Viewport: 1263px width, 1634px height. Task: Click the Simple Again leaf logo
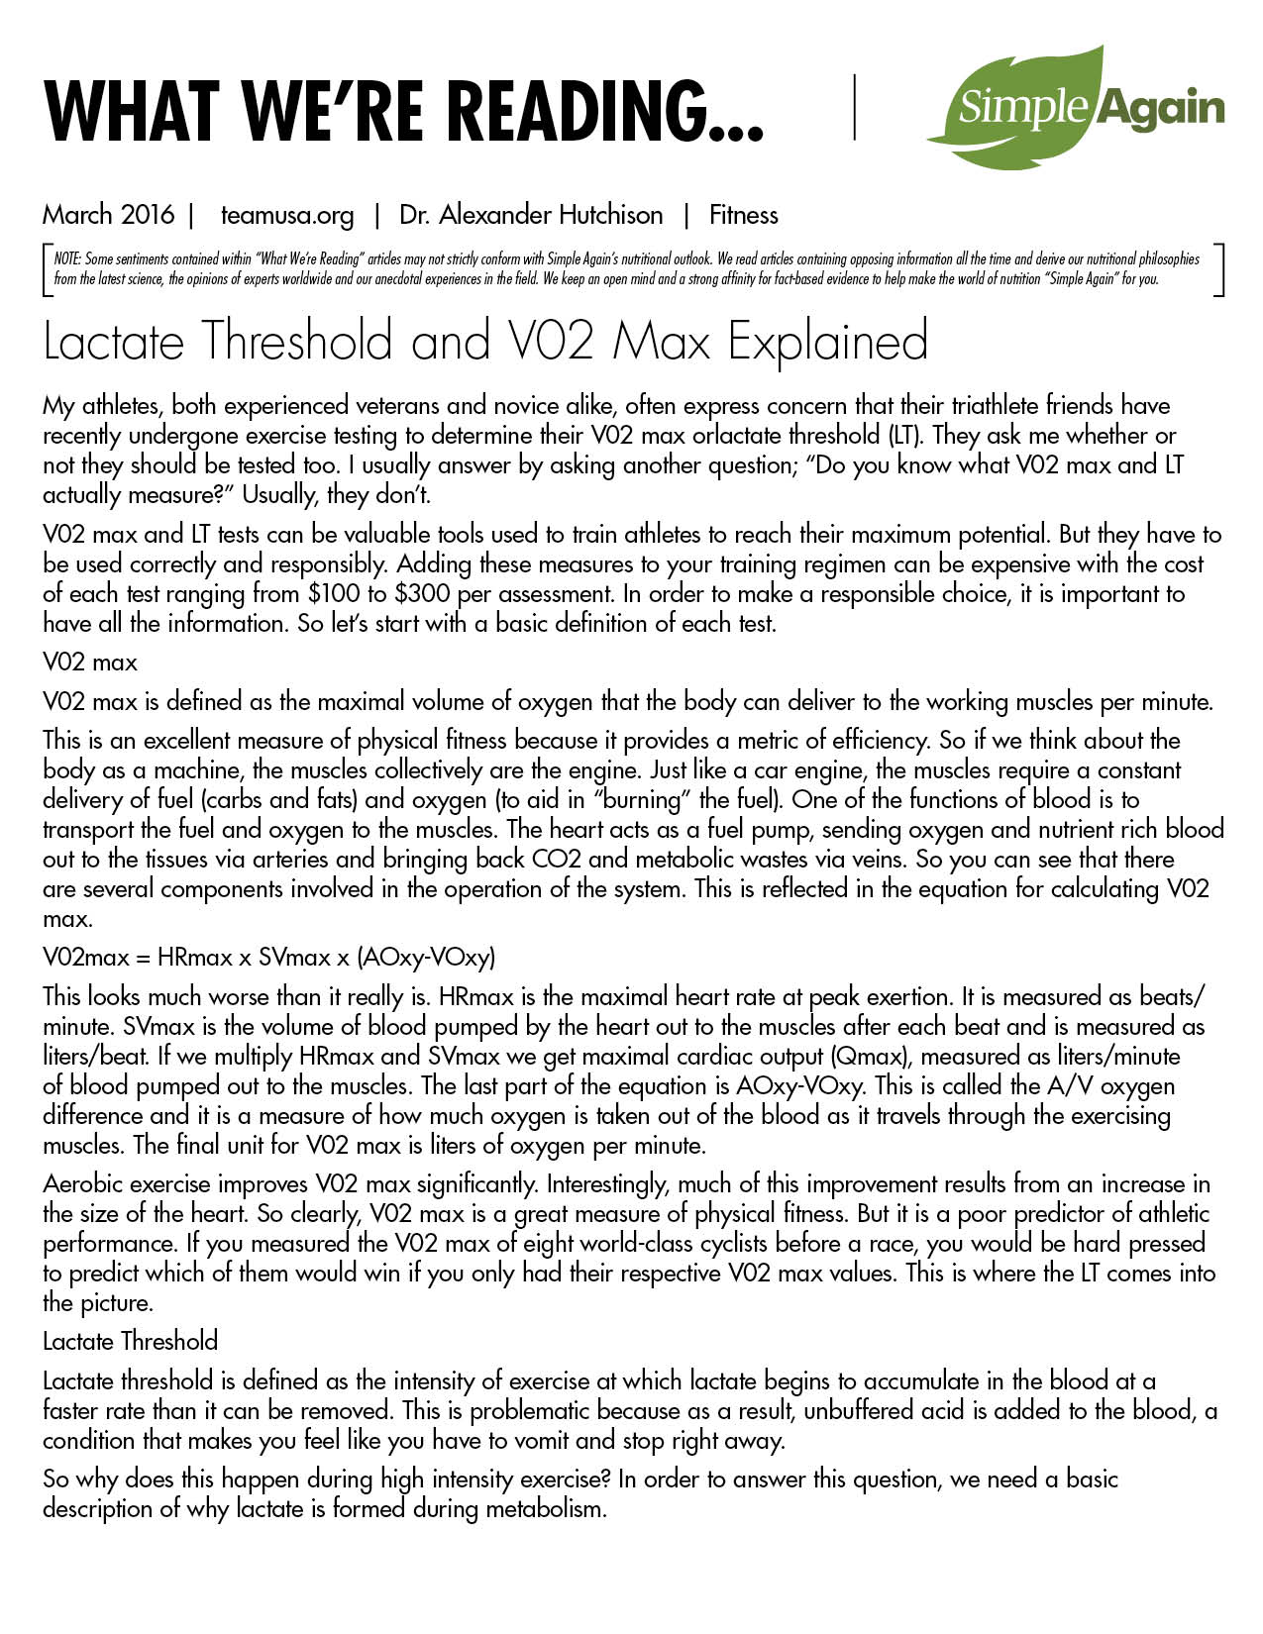pyautogui.click(x=1075, y=106)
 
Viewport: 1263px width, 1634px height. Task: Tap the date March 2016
pyautogui.click(x=108, y=215)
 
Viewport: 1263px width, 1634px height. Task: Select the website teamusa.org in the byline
pyautogui.click(x=287, y=215)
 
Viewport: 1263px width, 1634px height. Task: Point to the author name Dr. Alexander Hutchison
pyautogui.click(x=531, y=215)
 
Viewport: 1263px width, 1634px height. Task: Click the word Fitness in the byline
pyautogui.click(x=744, y=215)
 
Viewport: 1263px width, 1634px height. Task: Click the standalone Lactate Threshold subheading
pyautogui.click(x=130, y=1342)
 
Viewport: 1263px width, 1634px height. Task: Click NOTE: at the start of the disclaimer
pyautogui.click(x=67, y=259)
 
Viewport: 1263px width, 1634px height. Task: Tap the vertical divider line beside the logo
pyautogui.click(x=854, y=106)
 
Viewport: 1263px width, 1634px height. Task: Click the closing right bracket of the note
pyautogui.click(x=1220, y=269)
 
